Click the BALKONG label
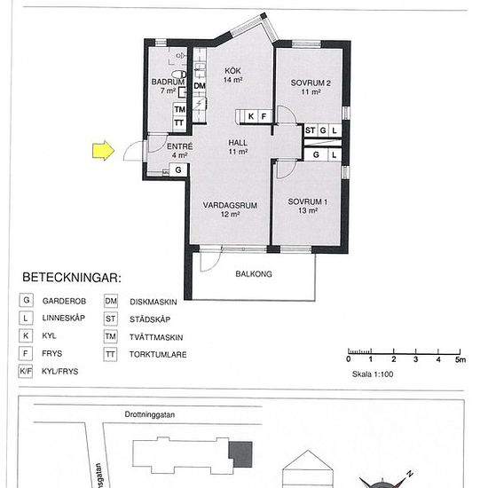(254, 274)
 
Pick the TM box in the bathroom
(179, 108)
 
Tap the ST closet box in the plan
(310, 130)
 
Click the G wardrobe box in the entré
(178, 169)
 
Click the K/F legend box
(29, 372)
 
